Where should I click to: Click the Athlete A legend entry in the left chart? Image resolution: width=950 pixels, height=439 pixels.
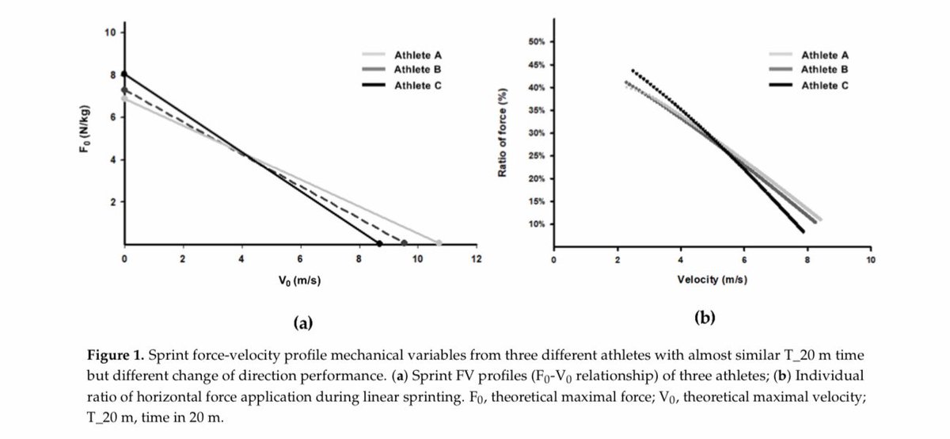(x=417, y=55)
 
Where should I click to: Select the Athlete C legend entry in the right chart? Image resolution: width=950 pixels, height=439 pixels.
(x=825, y=84)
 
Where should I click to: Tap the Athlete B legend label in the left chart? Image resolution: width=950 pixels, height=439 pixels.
(x=417, y=69)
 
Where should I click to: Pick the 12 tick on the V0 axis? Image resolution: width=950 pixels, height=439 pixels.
(x=476, y=259)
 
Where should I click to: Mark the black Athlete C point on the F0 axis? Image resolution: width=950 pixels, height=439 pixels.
(x=124, y=74)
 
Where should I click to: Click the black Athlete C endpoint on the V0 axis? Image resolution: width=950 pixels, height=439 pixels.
(x=379, y=243)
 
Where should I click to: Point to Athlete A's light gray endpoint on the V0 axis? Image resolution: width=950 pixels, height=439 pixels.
(x=439, y=243)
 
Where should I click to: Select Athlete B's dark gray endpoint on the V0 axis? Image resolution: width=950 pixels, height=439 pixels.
(x=405, y=243)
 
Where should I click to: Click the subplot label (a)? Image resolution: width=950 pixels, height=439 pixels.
(x=303, y=323)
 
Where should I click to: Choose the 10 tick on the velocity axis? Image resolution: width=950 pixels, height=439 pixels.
(x=870, y=259)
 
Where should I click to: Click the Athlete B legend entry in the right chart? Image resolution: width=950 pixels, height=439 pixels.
(x=825, y=70)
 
